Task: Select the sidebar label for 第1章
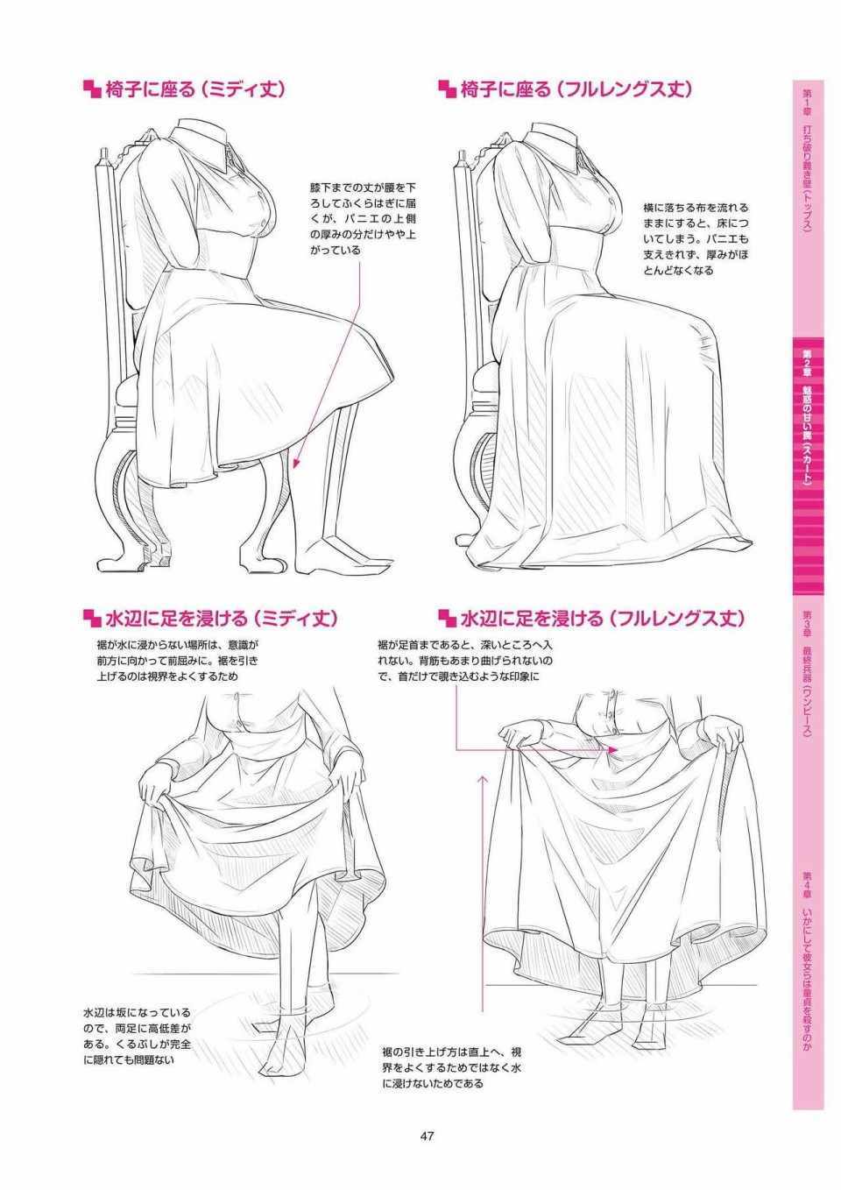[x=808, y=159]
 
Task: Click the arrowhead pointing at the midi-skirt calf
[x=296, y=463]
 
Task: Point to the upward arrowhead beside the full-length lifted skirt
[x=483, y=781]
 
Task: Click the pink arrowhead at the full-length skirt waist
[x=612, y=749]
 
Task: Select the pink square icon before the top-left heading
[x=92, y=89]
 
